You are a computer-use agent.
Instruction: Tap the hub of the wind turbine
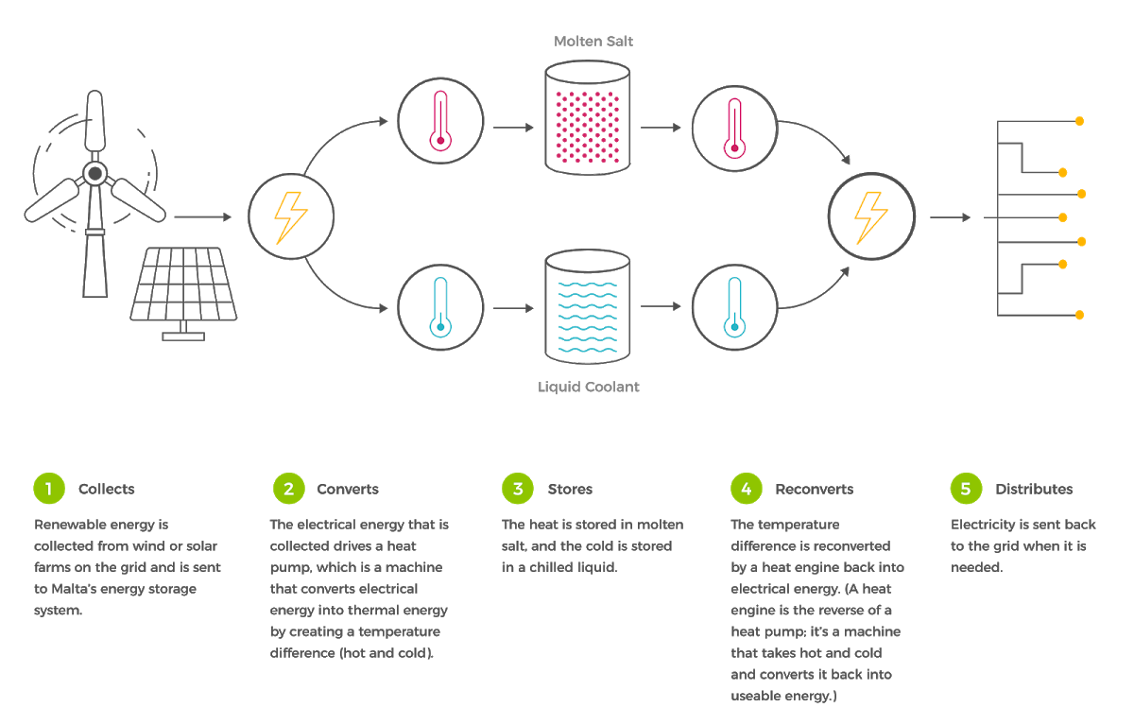(94, 172)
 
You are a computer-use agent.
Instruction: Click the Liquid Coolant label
(588, 387)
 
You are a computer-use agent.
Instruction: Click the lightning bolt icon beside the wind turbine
(290, 218)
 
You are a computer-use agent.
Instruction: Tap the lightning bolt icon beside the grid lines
(871, 218)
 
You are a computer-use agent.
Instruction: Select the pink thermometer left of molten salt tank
(439, 120)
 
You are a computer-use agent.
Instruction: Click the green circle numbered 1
(49, 489)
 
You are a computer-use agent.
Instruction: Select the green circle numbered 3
(518, 489)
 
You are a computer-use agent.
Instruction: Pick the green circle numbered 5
(965, 489)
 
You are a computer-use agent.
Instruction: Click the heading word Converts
(348, 490)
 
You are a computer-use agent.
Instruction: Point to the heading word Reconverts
(814, 490)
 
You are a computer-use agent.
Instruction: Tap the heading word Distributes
(1034, 490)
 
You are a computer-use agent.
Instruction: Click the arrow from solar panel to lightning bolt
(203, 217)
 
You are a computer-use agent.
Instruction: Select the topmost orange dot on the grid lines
(1079, 122)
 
